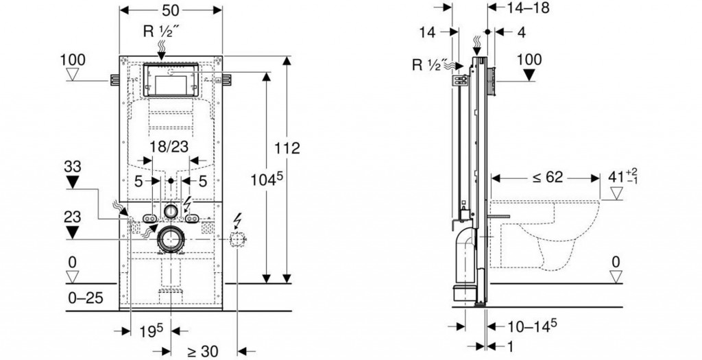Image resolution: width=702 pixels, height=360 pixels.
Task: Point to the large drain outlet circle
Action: pos(171,239)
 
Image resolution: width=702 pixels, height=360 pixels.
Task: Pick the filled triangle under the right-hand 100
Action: pos(529,73)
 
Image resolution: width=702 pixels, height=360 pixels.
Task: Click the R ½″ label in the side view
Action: pos(429,66)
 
